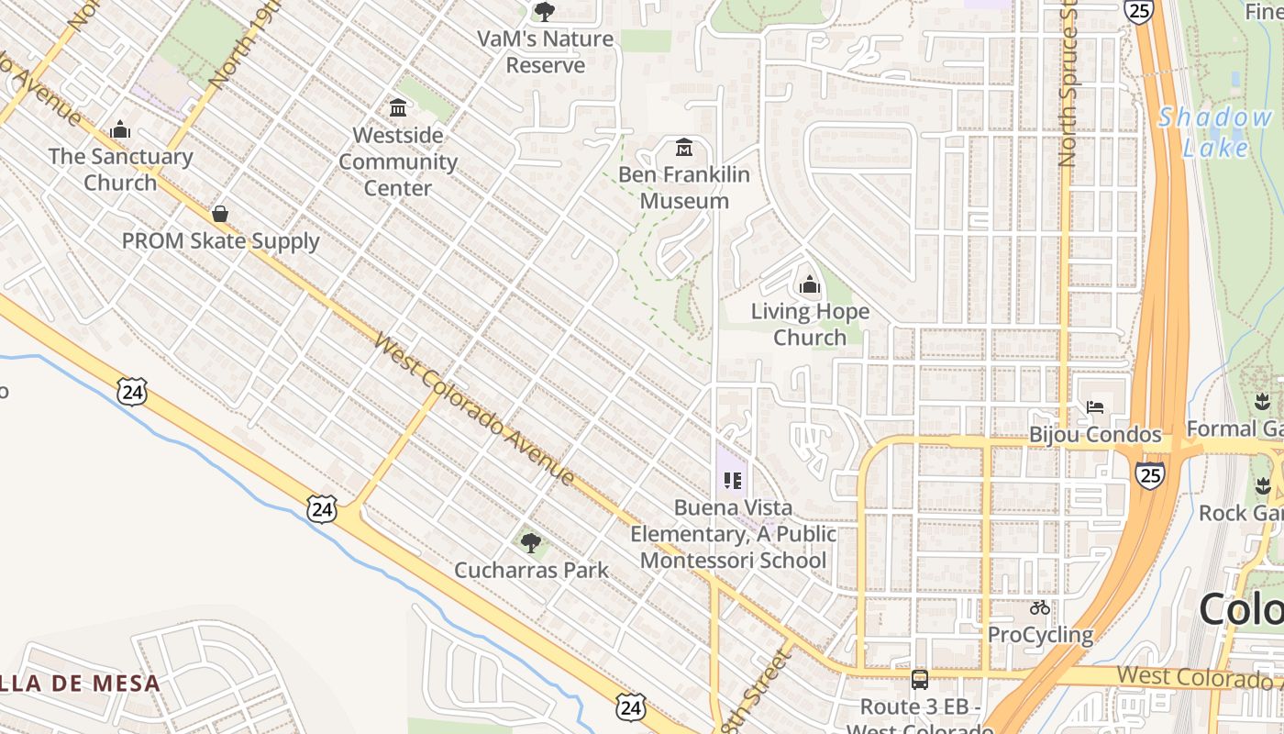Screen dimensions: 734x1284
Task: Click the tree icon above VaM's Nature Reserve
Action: click(545, 12)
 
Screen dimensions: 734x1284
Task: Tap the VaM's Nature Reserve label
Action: click(545, 52)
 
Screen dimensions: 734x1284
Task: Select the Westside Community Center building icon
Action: click(398, 107)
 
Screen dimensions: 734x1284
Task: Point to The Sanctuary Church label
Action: click(120, 170)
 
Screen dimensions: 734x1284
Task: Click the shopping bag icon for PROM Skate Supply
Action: click(220, 214)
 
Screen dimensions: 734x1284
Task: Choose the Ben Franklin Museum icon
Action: click(683, 147)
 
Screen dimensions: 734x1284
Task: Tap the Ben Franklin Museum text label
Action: click(683, 188)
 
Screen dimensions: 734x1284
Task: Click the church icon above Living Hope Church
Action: click(809, 285)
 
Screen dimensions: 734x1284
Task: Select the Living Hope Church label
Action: click(810, 325)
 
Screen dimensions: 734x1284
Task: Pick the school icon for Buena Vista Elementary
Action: click(732, 480)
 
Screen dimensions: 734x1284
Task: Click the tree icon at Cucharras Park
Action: click(530, 542)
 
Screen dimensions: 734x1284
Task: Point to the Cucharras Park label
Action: click(531, 570)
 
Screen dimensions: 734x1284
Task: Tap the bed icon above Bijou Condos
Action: click(1094, 406)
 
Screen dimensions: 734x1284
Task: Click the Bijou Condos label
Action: click(1095, 435)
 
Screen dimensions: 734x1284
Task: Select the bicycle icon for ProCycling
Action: click(1039, 607)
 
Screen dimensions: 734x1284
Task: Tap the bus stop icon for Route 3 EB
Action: click(919, 680)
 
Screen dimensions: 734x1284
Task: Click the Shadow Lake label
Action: click(1214, 132)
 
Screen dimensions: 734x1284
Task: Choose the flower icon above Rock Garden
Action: click(1262, 486)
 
